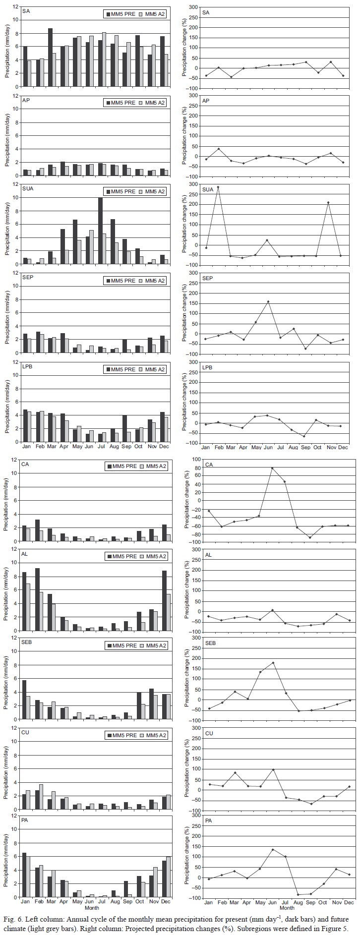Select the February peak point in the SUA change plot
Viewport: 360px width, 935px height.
pyautogui.click(x=218, y=187)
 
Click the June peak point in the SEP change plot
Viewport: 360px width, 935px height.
pyautogui.click(x=268, y=301)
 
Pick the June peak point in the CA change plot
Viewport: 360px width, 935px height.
pyautogui.click(x=272, y=468)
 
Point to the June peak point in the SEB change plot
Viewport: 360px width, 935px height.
pyautogui.click(x=273, y=663)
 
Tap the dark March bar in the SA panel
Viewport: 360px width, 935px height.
pyautogui.click(x=50, y=57)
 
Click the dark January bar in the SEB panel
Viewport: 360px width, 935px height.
pyautogui.click(x=25, y=700)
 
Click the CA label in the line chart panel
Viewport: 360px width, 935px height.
pyautogui.click(x=209, y=465)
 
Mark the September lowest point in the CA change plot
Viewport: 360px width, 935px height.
pyautogui.click(x=310, y=537)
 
